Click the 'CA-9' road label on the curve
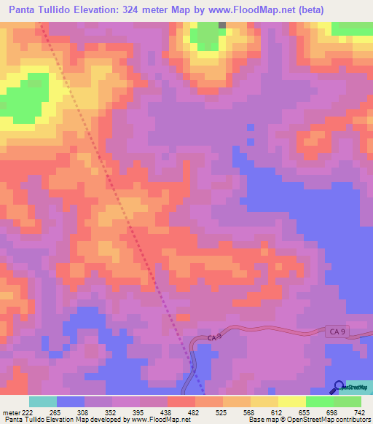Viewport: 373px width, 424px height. (213, 337)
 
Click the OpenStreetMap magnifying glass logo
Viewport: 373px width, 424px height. (339, 386)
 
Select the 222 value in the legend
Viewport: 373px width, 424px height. (23, 413)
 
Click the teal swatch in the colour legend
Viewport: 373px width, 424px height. (43, 401)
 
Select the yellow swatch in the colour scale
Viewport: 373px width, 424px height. (292, 401)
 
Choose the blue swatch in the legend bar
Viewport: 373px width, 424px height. (71, 401)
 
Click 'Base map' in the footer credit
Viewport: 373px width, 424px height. (258, 420)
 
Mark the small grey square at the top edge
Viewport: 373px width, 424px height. (222, 24)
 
